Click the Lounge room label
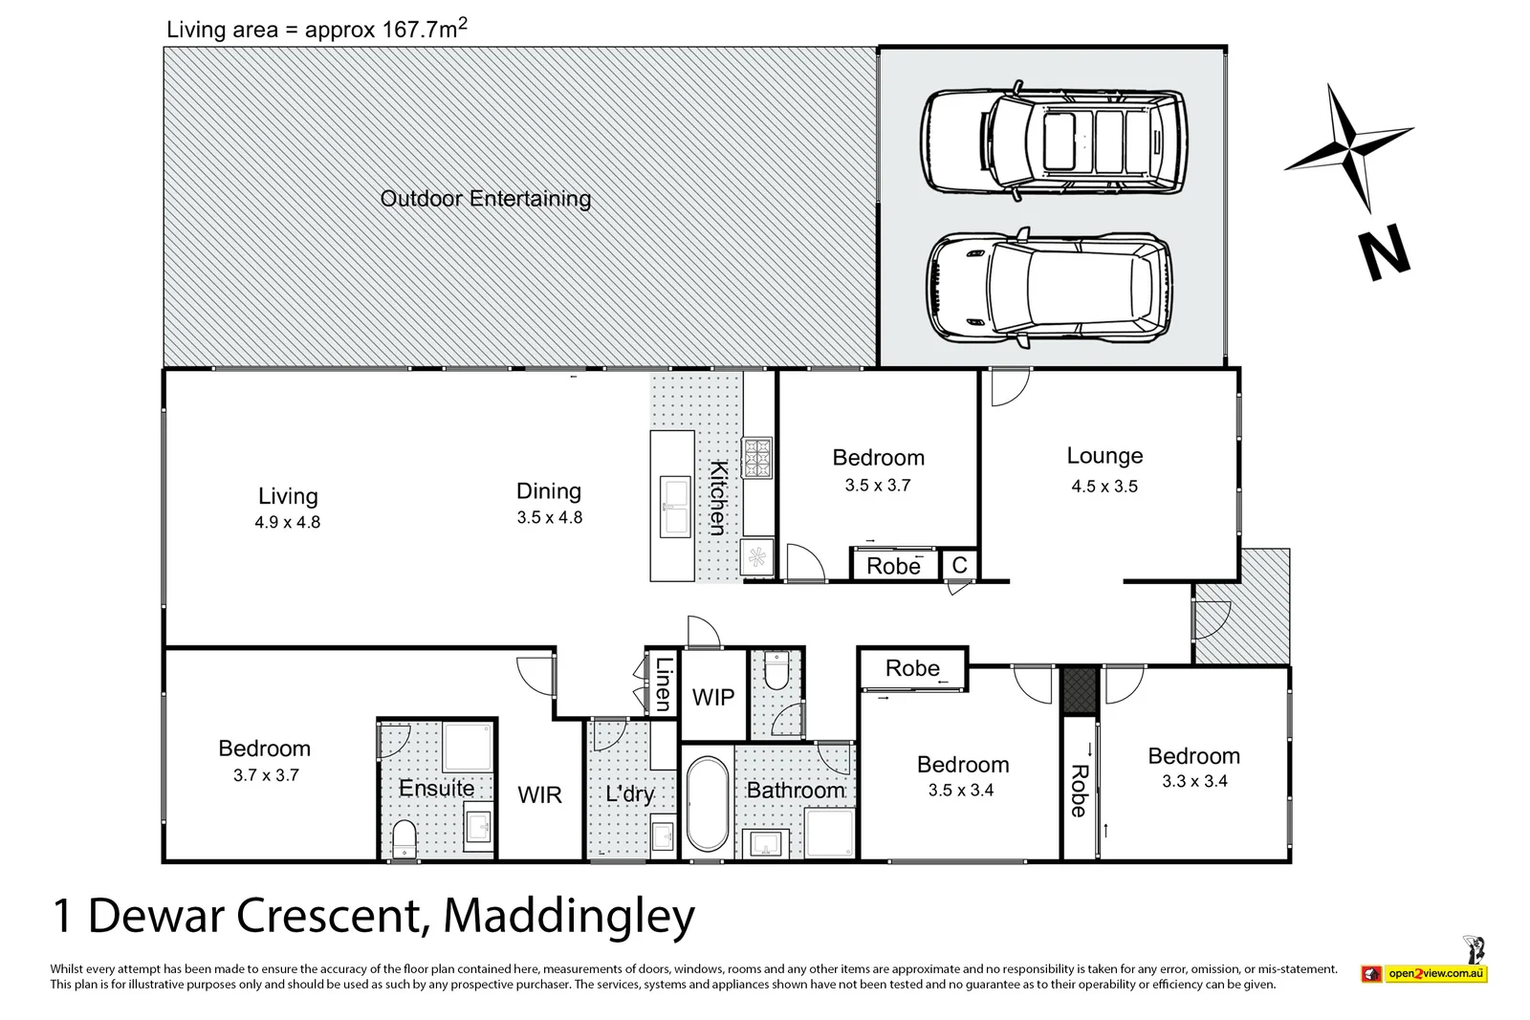tap(1104, 456)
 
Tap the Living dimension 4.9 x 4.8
tap(287, 523)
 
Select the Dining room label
tap(549, 491)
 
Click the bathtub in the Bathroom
tap(707, 804)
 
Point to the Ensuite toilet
tap(405, 838)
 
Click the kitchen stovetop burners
tap(757, 458)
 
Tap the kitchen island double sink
tap(676, 508)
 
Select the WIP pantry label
tap(713, 698)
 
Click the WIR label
tap(539, 795)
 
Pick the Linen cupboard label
tap(663, 684)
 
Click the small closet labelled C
tap(959, 566)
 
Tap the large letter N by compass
tap(1384, 252)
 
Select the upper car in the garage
tap(1054, 143)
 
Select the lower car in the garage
tap(1049, 288)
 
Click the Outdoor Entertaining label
tap(486, 199)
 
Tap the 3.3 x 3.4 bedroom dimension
tap(1194, 782)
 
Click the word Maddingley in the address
tap(569, 916)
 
